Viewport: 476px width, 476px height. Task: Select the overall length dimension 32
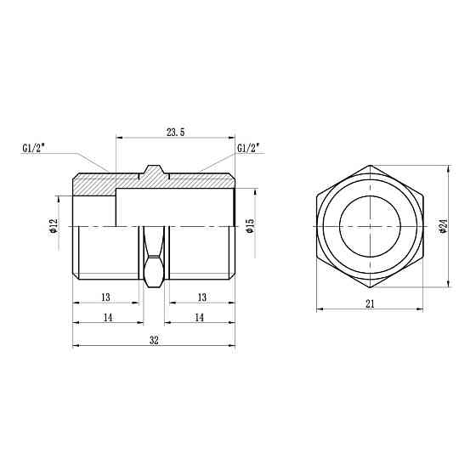[154, 339]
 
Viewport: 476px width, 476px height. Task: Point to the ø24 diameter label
[443, 226]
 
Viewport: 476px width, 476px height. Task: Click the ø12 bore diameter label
[53, 226]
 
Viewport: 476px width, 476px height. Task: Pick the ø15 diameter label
[249, 226]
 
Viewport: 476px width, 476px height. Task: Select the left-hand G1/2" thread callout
[34, 149]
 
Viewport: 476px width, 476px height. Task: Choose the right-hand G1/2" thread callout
[248, 149]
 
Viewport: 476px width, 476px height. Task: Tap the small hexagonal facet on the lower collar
[154, 273]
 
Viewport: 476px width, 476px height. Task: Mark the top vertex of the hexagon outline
[371, 165]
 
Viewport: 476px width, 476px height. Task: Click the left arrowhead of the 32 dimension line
[75, 345]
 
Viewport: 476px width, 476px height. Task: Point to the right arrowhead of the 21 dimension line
[422, 309]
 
